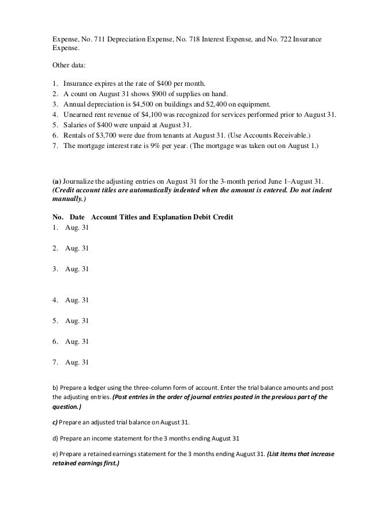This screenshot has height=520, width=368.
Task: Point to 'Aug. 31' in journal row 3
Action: coord(77,269)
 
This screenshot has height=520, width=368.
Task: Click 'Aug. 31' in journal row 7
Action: coord(77,362)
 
